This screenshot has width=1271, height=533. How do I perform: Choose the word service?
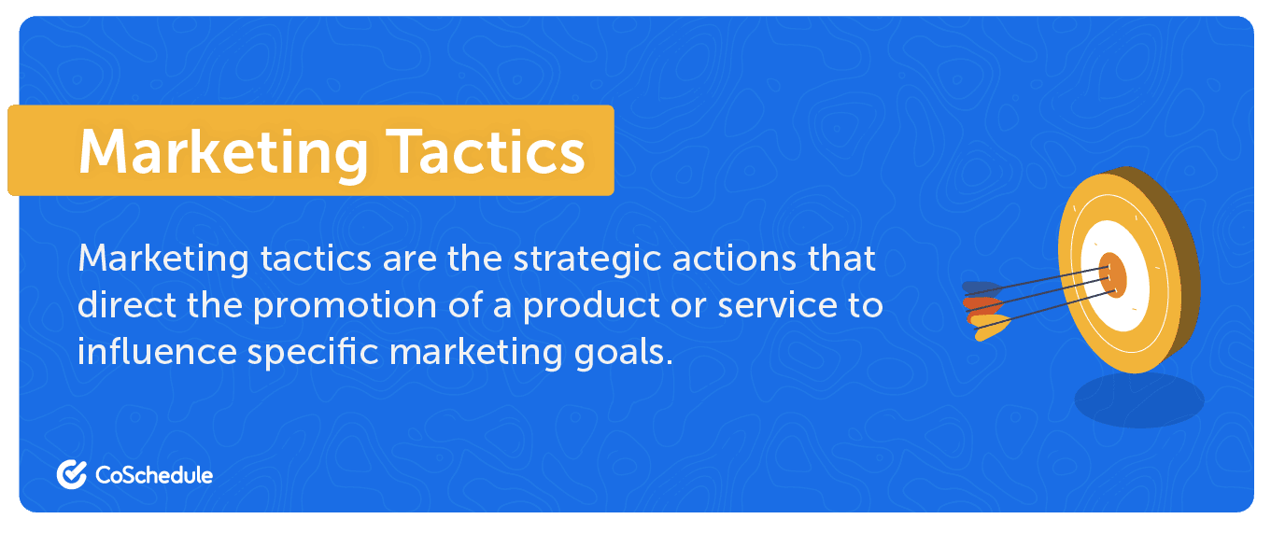pyautogui.click(x=777, y=306)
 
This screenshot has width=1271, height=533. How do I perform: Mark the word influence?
pyautogui.click(x=157, y=352)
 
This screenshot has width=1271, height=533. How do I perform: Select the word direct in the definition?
pyautogui.click(x=127, y=306)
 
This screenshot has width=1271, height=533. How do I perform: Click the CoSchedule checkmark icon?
pyautogui.click(x=72, y=474)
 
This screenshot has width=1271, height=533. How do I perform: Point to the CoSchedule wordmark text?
pyautogui.click(x=154, y=475)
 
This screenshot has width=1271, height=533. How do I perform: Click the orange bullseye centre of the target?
pyautogui.click(x=1112, y=275)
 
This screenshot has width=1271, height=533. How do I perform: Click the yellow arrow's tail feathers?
pyautogui.click(x=990, y=327)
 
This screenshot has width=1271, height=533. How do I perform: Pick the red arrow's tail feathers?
pyautogui.click(x=982, y=306)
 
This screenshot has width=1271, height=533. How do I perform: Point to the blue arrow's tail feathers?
pyautogui.click(x=981, y=288)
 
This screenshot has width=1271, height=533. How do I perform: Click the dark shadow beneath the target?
pyautogui.click(x=1138, y=400)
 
